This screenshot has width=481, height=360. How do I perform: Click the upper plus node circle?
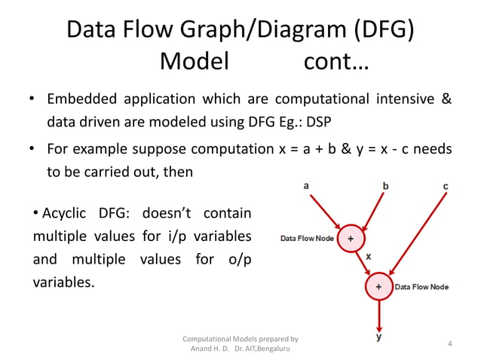349,239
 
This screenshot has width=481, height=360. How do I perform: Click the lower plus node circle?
378,287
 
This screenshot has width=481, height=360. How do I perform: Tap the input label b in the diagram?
386,185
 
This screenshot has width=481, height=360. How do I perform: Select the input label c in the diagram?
446,185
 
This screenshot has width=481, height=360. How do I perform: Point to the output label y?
378,337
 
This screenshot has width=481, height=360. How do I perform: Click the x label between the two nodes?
368,256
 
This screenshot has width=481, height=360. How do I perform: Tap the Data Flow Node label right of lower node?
422,287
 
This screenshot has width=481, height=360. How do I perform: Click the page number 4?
449,344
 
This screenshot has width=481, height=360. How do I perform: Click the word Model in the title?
194,61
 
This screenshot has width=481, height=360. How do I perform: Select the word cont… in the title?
335,61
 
